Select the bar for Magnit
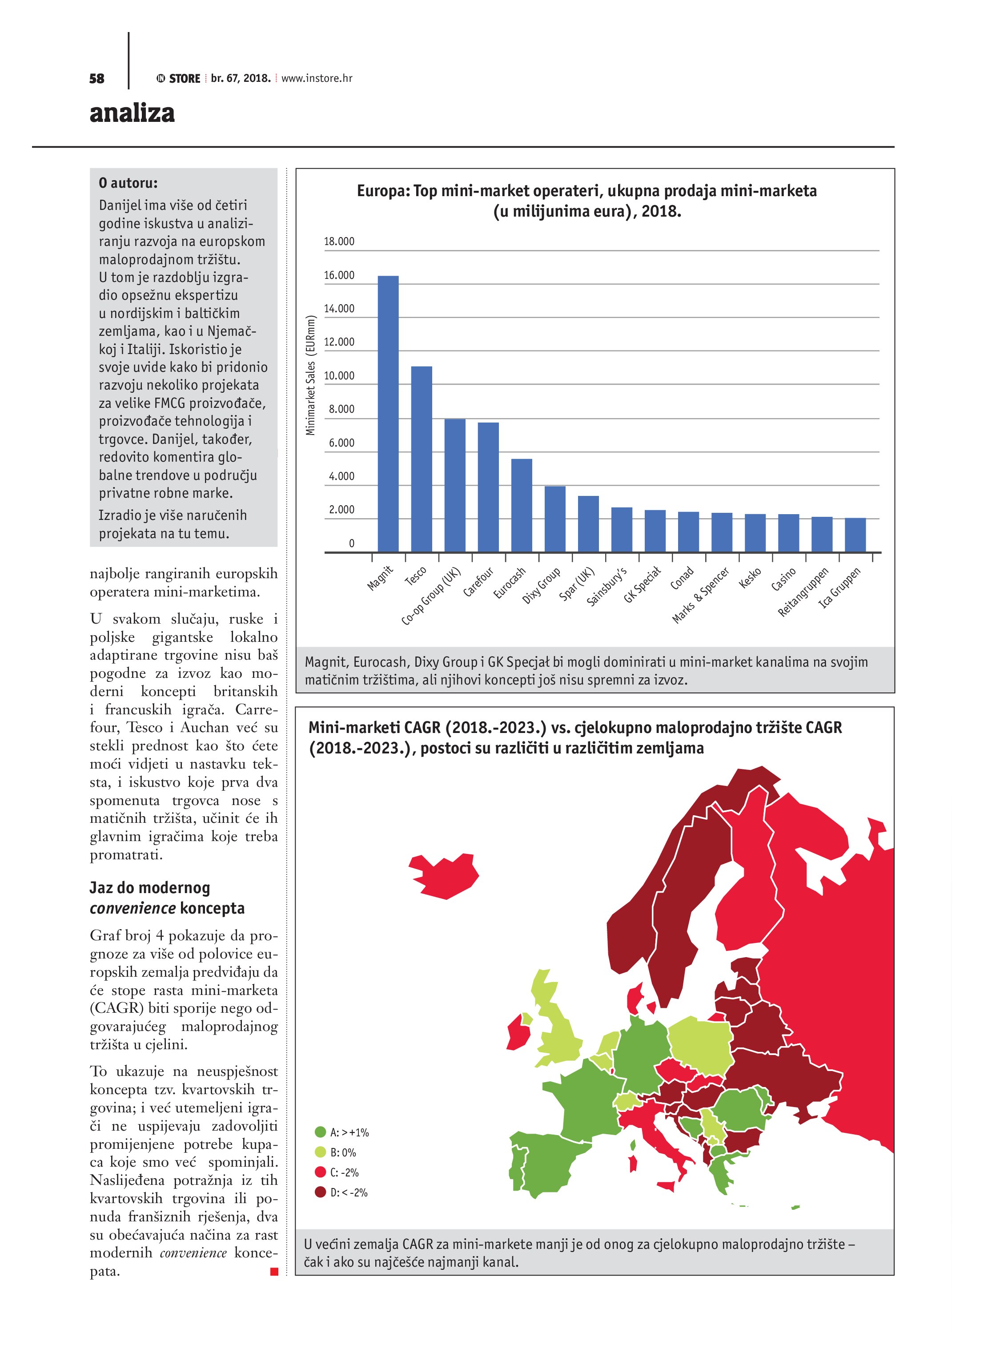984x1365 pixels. [388, 414]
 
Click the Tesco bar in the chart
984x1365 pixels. [421, 459]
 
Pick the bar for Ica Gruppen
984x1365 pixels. [855, 535]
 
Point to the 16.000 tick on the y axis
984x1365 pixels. [339, 276]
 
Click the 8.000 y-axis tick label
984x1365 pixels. [341, 409]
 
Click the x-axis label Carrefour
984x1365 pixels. [478, 582]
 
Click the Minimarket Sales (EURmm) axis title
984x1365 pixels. [310, 375]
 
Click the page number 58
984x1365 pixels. [96, 79]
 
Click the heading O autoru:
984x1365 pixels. [128, 183]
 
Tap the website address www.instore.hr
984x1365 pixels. [317, 78]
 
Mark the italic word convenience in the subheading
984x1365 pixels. [133, 908]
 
